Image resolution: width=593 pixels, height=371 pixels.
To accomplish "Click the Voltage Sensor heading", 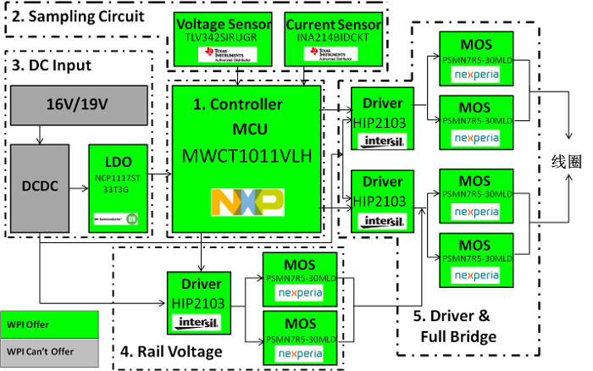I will tap(223, 25).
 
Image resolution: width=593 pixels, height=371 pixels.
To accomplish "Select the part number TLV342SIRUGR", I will tap(223, 37).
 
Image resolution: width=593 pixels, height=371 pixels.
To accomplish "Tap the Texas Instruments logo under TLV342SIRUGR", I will tap(222, 53).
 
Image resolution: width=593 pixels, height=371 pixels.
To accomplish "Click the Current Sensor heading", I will tap(334, 25).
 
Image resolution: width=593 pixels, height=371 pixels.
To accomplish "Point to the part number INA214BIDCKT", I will tap(334, 37).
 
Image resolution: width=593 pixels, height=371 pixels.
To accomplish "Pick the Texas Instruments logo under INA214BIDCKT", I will tap(332, 53).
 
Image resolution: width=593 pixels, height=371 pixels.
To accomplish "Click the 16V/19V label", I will tap(77, 104).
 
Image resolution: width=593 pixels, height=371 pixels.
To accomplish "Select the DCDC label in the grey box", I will tap(39, 186).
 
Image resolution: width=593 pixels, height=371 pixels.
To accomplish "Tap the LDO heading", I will tap(118, 162).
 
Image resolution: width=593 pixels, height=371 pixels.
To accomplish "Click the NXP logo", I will tap(247, 202).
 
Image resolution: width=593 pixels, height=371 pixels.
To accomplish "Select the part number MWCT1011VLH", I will tap(247, 156).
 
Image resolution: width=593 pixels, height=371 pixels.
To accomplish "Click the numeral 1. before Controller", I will tap(198, 104).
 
